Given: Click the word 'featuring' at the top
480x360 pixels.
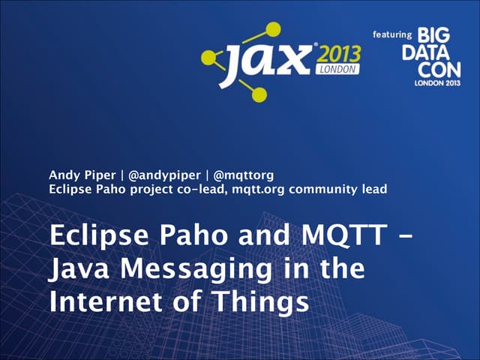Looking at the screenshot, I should (x=392, y=34).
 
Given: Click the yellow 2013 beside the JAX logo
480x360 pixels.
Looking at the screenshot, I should (x=337, y=54).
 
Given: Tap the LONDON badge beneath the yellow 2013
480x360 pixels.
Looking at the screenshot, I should (x=340, y=67).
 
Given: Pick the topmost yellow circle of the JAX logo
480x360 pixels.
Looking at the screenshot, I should (x=274, y=28).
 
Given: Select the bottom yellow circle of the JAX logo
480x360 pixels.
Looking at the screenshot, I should (x=259, y=94).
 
